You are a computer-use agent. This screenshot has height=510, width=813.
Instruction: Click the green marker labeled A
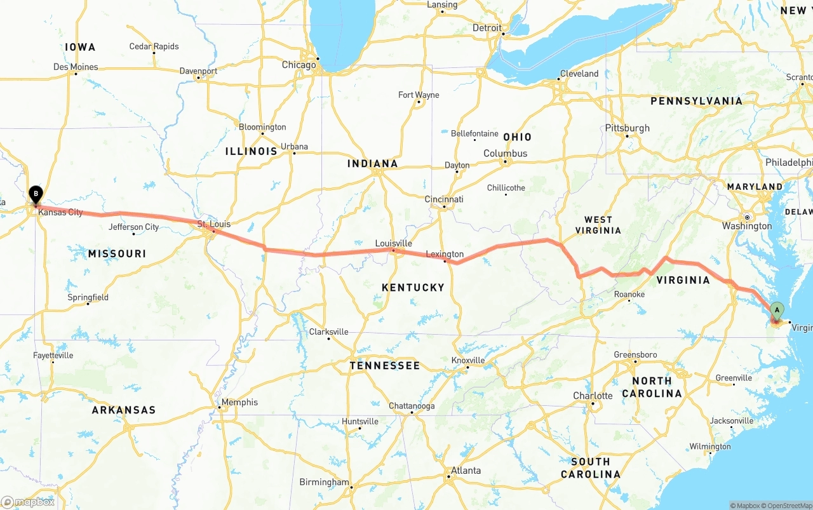776,310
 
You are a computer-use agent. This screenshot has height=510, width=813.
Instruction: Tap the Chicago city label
299,65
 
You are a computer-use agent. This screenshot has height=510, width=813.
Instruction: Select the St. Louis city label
213,224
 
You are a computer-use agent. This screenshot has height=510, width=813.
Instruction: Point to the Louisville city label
393,243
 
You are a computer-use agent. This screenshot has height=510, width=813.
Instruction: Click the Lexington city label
445,254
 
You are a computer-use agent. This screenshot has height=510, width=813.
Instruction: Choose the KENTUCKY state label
413,288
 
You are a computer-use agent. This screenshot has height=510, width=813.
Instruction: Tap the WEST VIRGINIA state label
598,225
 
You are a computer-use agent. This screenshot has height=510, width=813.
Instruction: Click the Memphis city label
239,402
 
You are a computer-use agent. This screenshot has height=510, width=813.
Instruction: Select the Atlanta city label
466,471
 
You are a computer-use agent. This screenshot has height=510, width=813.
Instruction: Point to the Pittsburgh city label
627,128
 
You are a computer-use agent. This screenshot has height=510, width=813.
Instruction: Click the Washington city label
746,226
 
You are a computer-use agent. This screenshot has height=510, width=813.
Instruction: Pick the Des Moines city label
76,67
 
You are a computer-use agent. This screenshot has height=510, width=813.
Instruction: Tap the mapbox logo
28,502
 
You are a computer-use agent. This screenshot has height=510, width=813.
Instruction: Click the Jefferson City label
133,227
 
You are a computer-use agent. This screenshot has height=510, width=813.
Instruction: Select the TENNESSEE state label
384,366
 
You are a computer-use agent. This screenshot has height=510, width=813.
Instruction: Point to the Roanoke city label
629,294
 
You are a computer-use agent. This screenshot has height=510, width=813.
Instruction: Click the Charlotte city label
593,396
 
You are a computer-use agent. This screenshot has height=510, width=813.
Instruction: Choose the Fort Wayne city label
419,95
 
